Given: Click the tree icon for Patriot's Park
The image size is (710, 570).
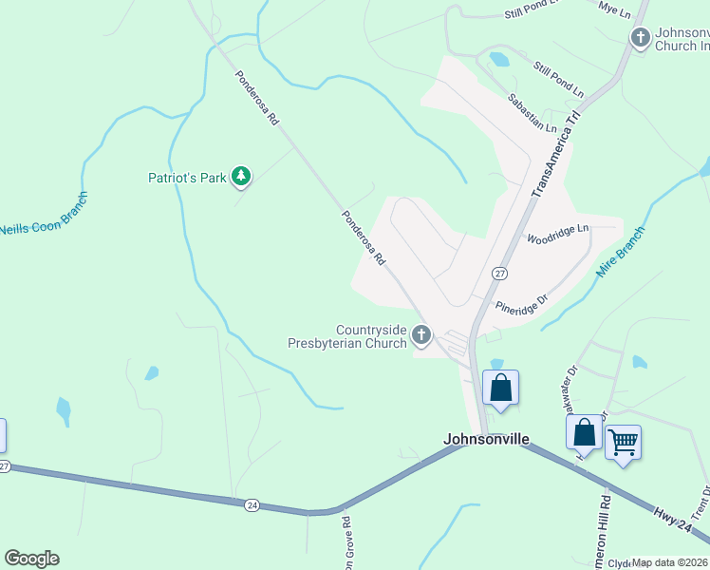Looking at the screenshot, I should point(242,176).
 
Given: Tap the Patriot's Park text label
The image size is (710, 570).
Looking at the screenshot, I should point(187,178).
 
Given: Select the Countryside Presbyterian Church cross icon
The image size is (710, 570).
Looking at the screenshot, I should point(421,334).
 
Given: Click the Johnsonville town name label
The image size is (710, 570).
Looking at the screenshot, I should point(485,439).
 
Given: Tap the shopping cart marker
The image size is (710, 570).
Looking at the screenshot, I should point(623,441).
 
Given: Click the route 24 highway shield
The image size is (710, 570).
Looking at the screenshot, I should point(251,503).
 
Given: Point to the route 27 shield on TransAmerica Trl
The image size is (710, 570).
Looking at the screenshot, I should point(499,274).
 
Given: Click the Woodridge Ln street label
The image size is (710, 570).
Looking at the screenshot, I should point(558,233).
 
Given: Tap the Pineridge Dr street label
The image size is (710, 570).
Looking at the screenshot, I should point(522,303).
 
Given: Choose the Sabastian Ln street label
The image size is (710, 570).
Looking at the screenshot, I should point(532,112).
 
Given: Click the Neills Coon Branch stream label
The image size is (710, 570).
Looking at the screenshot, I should point(43,215).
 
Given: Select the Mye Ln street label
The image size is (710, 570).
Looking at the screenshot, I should point(614,12).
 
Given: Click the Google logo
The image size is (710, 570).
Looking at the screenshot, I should point(31,559).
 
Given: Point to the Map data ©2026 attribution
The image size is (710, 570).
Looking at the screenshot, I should point(670,562).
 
